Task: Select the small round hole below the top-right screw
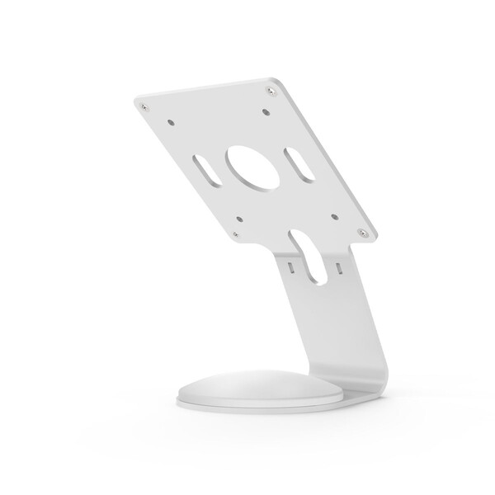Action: tap(267, 111)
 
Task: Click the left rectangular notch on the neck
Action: tap(290, 266)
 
